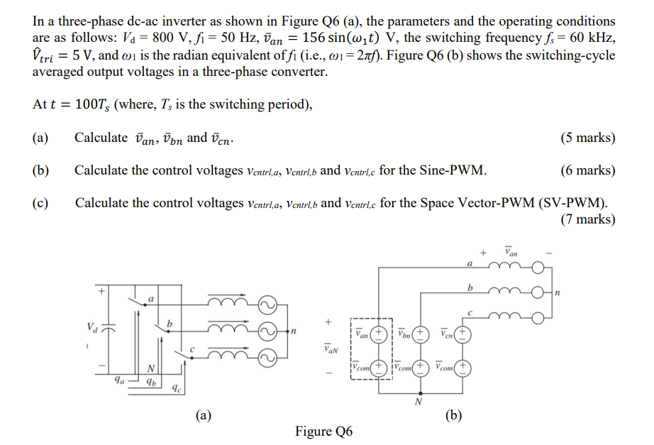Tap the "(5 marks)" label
587,138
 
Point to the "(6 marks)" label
587,171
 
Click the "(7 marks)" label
587,219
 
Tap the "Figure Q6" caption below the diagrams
324,432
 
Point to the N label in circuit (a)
150,368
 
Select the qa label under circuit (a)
118,380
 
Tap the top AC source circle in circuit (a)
267,306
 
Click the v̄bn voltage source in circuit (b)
421,333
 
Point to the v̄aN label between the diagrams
331,348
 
